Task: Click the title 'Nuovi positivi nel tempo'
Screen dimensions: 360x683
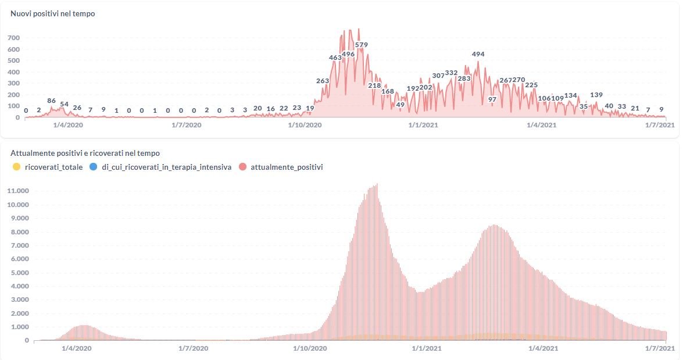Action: point(53,13)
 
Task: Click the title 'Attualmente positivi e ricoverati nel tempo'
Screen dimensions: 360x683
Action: point(85,153)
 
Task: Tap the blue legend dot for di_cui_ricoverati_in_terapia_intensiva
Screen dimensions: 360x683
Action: point(94,167)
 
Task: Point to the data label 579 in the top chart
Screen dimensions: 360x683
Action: point(361,45)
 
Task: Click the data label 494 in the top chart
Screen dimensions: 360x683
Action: point(478,54)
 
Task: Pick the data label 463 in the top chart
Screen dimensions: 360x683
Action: point(335,58)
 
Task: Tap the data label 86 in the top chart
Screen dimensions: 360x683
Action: point(51,101)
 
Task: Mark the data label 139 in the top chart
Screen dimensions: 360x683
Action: point(596,95)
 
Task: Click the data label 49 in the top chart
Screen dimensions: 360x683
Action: point(400,105)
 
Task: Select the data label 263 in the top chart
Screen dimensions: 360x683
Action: point(323,81)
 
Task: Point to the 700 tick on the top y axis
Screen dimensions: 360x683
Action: point(13,38)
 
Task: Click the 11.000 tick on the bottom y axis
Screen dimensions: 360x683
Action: point(18,191)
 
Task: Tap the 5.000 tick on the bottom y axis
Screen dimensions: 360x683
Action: point(20,272)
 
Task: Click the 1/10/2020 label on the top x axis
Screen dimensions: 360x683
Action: point(305,124)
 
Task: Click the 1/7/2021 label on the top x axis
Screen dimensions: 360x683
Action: point(660,124)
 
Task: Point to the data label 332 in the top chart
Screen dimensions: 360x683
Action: point(452,73)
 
